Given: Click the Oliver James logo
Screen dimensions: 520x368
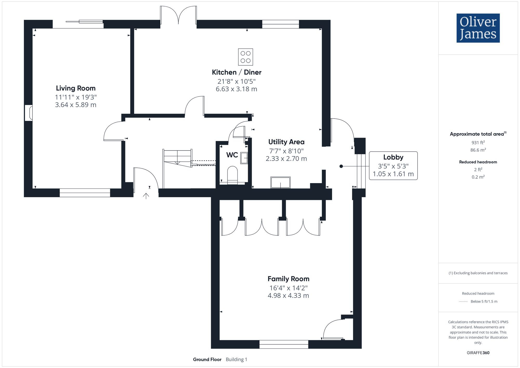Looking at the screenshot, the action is (x=478, y=28).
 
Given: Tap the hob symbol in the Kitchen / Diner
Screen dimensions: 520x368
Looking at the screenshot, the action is (x=245, y=57).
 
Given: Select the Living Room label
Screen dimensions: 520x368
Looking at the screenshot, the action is (x=76, y=88).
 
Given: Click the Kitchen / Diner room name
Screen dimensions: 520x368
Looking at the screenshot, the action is (x=236, y=72).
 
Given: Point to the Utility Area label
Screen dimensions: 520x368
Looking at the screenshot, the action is (x=286, y=142).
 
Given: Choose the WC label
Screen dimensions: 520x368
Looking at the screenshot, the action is (x=232, y=155).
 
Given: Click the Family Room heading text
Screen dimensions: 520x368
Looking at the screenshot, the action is (x=288, y=279).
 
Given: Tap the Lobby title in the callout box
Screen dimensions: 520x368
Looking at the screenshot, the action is (x=393, y=157).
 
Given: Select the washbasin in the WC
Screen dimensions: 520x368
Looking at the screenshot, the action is (x=244, y=158).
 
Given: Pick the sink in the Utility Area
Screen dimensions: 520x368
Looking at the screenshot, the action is (x=280, y=182).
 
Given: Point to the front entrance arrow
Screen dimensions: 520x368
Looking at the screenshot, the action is (x=146, y=196).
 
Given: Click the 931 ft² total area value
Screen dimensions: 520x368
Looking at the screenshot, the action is (x=478, y=143).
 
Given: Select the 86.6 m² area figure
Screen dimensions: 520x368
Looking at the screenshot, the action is (x=478, y=150).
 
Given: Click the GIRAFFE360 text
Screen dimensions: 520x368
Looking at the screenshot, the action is (x=478, y=353).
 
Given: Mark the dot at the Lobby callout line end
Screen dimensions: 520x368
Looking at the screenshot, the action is (x=341, y=166).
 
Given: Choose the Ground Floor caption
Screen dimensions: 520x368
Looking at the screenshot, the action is (x=207, y=359).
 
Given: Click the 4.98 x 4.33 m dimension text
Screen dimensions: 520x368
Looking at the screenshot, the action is (x=288, y=296).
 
